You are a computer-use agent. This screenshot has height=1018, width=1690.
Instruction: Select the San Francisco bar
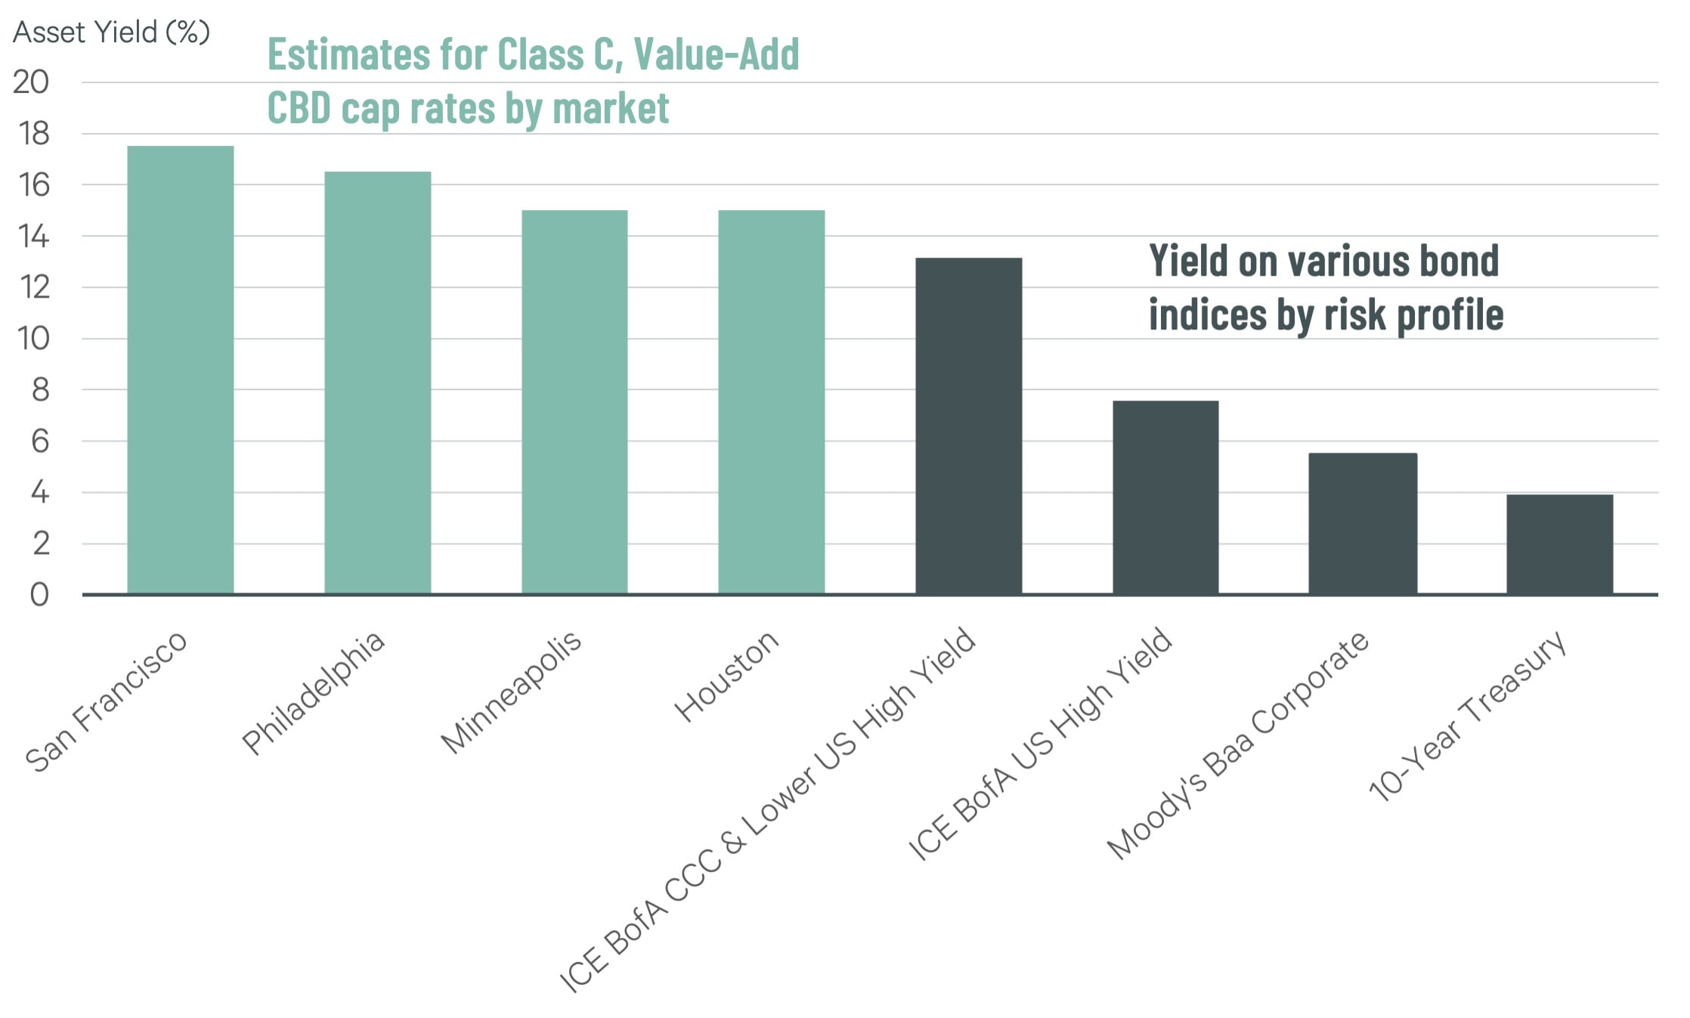pyautogui.click(x=180, y=370)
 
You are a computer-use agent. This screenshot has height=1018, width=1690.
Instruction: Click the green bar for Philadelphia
pyautogui.click(x=377, y=382)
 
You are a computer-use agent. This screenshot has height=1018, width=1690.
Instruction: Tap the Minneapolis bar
pyautogui.click(x=574, y=402)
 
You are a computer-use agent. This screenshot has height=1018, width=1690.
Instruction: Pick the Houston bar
pyautogui.click(x=771, y=402)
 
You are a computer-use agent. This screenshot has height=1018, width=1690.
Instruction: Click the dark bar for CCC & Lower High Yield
pyautogui.click(x=968, y=426)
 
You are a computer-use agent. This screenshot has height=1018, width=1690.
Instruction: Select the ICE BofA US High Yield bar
pyautogui.click(x=1165, y=497)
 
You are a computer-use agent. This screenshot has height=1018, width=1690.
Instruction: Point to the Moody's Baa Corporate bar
pyautogui.click(x=1362, y=524)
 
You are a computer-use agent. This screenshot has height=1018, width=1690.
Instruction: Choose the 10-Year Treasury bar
pyautogui.click(x=1559, y=544)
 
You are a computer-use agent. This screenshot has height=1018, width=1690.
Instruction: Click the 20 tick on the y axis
pyautogui.click(x=31, y=82)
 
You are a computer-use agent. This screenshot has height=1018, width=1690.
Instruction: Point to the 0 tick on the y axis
pyautogui.click(x=39, y=596)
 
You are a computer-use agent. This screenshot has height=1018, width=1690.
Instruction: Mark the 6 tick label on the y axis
pyautogui.click(x=40, y=441)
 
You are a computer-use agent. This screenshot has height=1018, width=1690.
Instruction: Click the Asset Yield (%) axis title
pyautogui.click(x=111, y=32)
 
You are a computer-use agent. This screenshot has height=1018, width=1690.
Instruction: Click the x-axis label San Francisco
pyautogui.click(x=107, y=701)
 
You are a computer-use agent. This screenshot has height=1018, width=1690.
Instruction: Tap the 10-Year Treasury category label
pyautogui.click(x=1468, y=715)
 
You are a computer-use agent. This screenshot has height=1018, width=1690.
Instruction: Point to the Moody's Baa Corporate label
pyautogui.click(x=1237, y=745)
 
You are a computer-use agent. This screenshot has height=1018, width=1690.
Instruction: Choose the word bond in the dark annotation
pyautogui.click(x=1459, y=261)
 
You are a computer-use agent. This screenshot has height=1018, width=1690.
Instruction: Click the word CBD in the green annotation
pyautogui.click(x=299, y=108)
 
